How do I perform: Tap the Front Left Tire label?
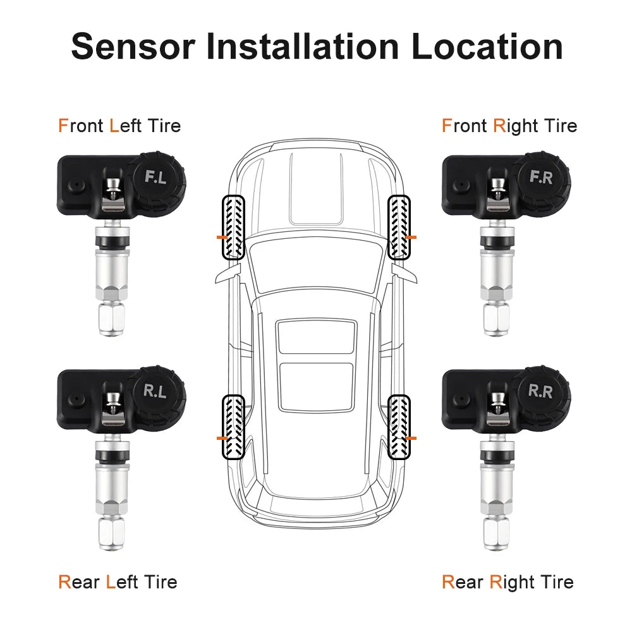(x=119, y=126)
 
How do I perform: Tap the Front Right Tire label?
(x=509, y=126)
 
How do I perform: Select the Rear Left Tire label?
(x=118, y=581)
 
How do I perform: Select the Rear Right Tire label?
(x=507, y=581)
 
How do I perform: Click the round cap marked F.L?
(x=156, y=178)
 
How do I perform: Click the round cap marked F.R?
(x=540, y=178)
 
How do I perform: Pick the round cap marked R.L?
(x=156, y=392)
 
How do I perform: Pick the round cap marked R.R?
(x=540, y=392)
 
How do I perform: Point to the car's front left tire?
(x=233, y=227)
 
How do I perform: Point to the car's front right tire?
(x=399, y=227)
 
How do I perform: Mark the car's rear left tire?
(x=233, y=427)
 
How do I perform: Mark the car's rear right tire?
(x=399, y=427)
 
